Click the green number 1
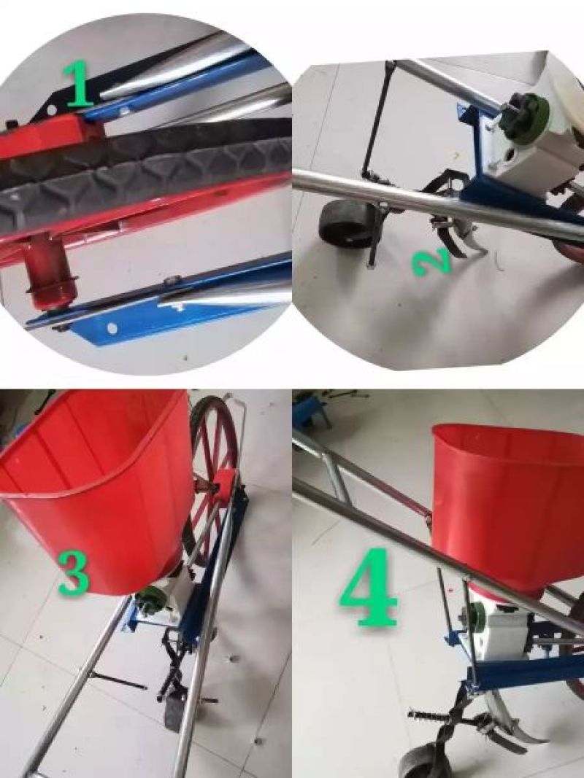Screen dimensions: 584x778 click(x=77, y=83)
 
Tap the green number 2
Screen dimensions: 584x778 click(x=433, y=262)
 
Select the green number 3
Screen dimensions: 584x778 click(x=74, y=572)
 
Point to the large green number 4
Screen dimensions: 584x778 click(x=369, y=587)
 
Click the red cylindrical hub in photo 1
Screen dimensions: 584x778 click(x=50, y=272)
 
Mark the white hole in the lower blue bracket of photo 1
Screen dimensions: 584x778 click(x=113, y=328)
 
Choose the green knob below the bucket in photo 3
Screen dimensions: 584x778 click(x=150, y=600)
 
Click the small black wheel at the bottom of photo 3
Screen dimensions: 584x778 click(x=174, y=710)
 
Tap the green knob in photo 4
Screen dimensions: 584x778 click(x=475, y=617)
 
